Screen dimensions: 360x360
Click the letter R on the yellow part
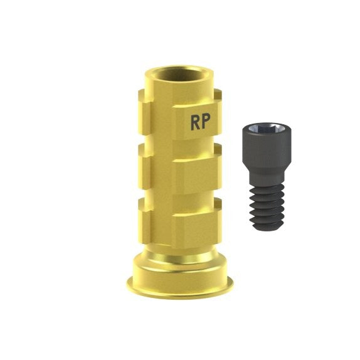click(x=195, y=122)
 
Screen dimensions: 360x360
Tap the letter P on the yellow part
click(x=206, y=122)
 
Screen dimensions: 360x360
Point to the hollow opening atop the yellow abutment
click(x=179, y=75)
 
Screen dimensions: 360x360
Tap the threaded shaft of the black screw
click(x=267, y=206)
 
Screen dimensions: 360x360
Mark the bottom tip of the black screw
click(x=267, y=229)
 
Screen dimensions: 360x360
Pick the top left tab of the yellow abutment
click(x=145, y=112)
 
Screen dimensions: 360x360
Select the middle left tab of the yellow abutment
click(x=145, y=166)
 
